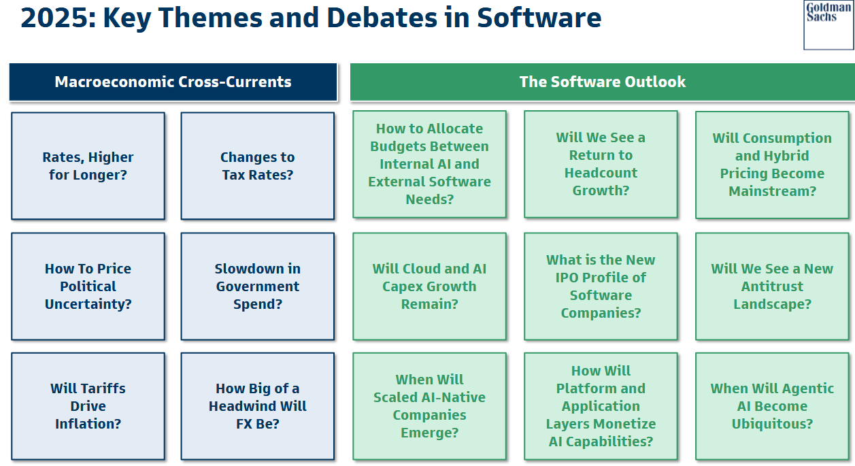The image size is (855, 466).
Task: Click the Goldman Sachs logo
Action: [x=828, y=25]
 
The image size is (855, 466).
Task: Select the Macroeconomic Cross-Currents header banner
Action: [x=173, y=82]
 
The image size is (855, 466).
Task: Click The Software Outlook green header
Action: [x=603, y=82]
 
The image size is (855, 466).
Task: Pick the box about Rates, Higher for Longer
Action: [x=88, y=166]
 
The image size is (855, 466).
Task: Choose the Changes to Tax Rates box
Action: [x=258, y=166]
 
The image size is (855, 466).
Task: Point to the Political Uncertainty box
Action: [x=88, y=286]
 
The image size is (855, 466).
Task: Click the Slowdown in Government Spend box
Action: [x=258, y=286]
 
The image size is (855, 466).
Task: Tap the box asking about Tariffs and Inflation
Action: [x=88, y=406]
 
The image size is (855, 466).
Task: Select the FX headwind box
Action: [x=258, y=406]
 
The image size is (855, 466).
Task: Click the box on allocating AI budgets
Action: [x=429, y=165]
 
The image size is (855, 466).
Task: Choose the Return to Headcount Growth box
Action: [x=601, y=165]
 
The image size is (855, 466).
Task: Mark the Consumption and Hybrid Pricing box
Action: [x=772, y=165]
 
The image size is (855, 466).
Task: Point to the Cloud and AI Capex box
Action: [x=429, y=286]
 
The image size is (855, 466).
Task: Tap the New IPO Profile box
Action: [x=601, y=286]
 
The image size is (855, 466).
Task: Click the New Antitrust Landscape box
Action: [x=772, y=286]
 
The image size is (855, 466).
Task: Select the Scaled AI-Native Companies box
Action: [x=429, y=406]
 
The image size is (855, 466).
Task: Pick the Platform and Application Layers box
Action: [x=601, y=406]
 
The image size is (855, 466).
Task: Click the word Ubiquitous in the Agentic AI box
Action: [x=772, y=424]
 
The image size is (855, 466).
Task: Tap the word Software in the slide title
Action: [x=539, y=18]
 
